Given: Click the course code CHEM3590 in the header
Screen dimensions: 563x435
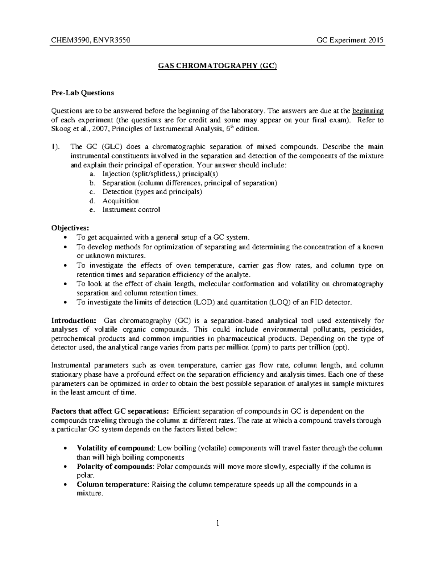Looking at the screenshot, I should point(67,40).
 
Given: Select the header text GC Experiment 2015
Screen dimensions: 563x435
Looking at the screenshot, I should point(350,40).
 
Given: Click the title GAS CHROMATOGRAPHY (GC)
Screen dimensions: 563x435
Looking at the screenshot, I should point(217,66).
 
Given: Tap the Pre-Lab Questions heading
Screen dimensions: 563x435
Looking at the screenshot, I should point(82,93).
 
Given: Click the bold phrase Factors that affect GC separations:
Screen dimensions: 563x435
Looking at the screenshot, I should point(110,411).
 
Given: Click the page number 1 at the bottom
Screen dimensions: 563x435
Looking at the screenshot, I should point(217,523).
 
